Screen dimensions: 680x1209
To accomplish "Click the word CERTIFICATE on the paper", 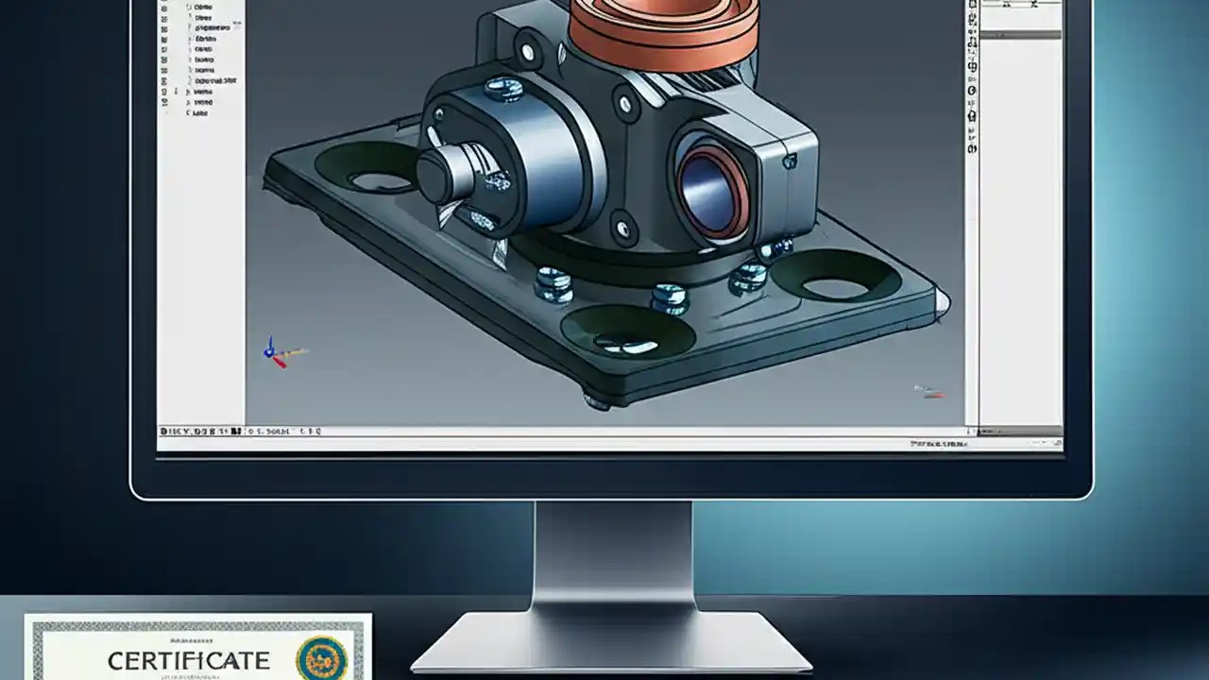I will [188, 660].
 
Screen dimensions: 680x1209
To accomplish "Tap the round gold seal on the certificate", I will [321, 658].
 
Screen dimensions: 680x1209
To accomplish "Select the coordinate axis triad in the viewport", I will [275, 353].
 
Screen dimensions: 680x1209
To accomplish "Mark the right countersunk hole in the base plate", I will [832, 276].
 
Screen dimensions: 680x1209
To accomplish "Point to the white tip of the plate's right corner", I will [941, 300].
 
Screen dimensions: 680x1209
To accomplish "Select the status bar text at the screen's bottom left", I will [240, 432].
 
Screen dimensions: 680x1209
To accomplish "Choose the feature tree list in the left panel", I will [201, 59].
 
